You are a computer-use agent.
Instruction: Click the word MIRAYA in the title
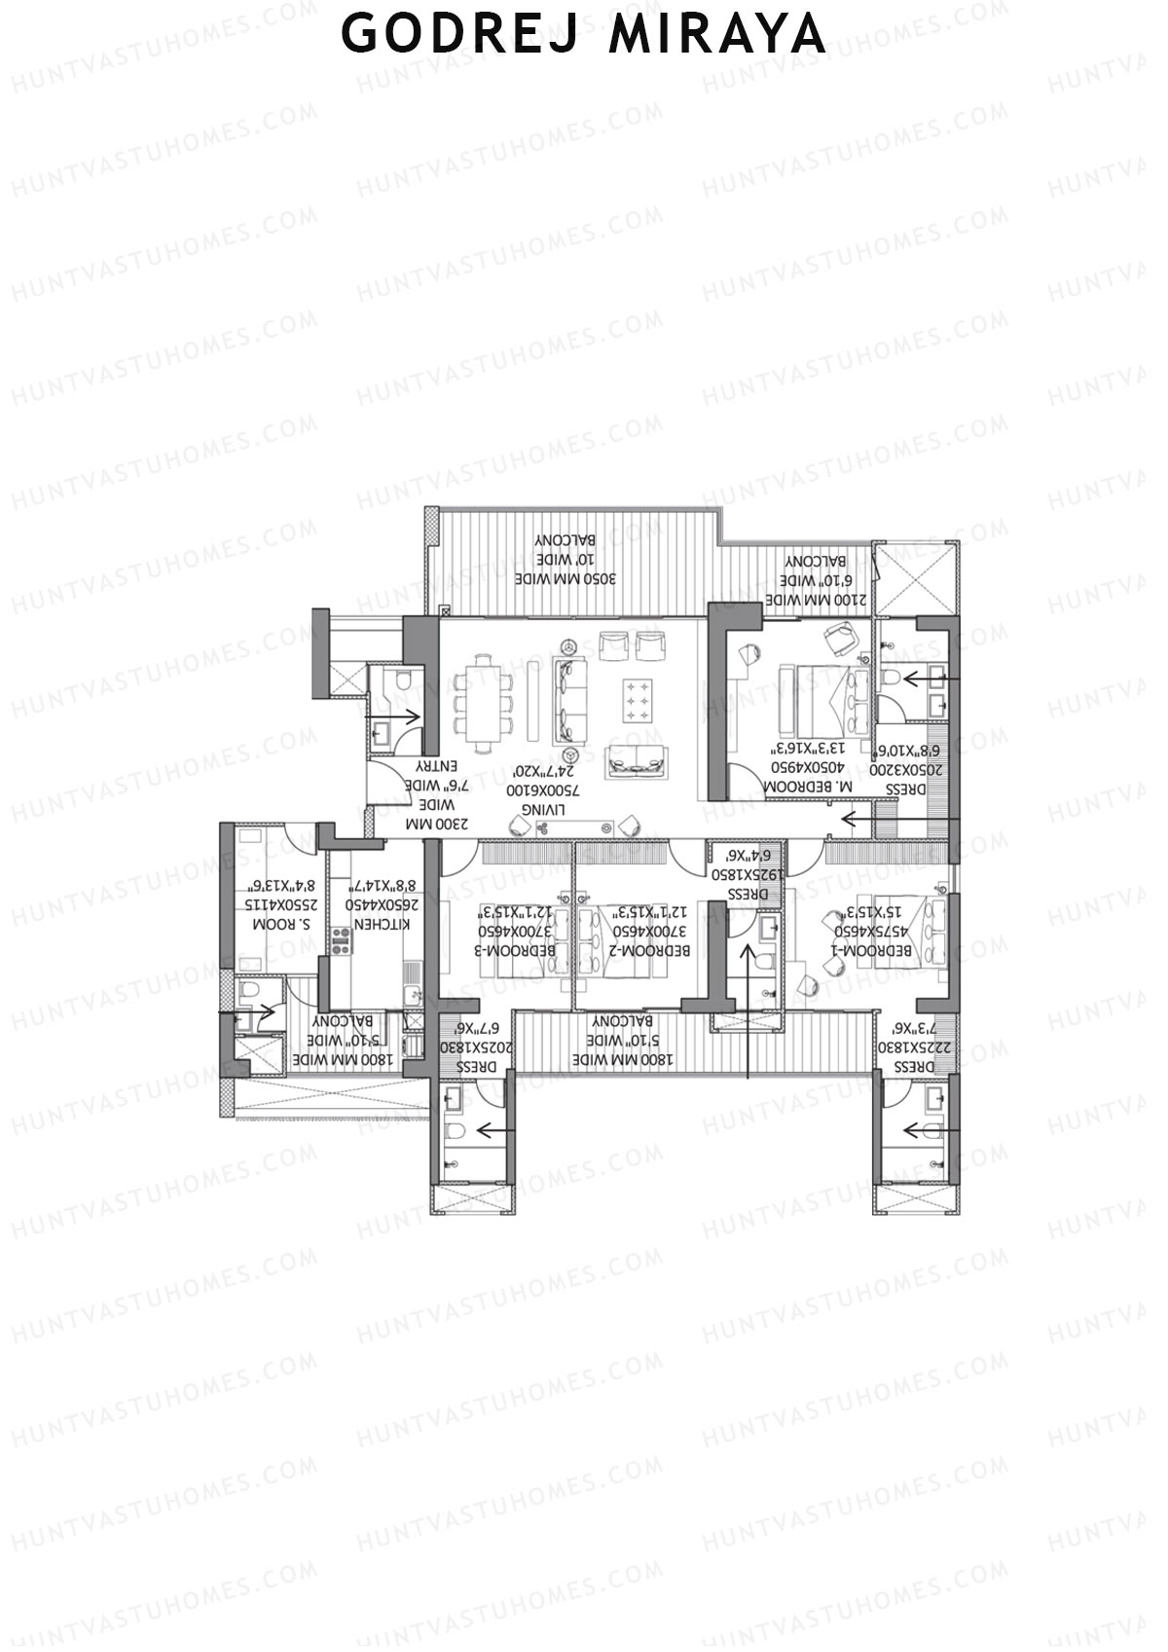[717, 34]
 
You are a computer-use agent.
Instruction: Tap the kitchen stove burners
[341, 940]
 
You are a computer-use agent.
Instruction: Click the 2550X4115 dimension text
[275, 904]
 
